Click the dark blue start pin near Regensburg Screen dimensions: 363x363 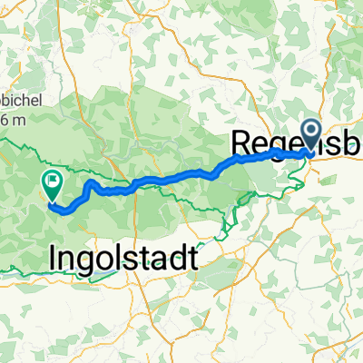point(310,136)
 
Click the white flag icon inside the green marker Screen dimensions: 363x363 point(52,183)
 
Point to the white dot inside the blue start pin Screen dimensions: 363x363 point(310,132)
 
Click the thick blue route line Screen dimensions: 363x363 point(181,174)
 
